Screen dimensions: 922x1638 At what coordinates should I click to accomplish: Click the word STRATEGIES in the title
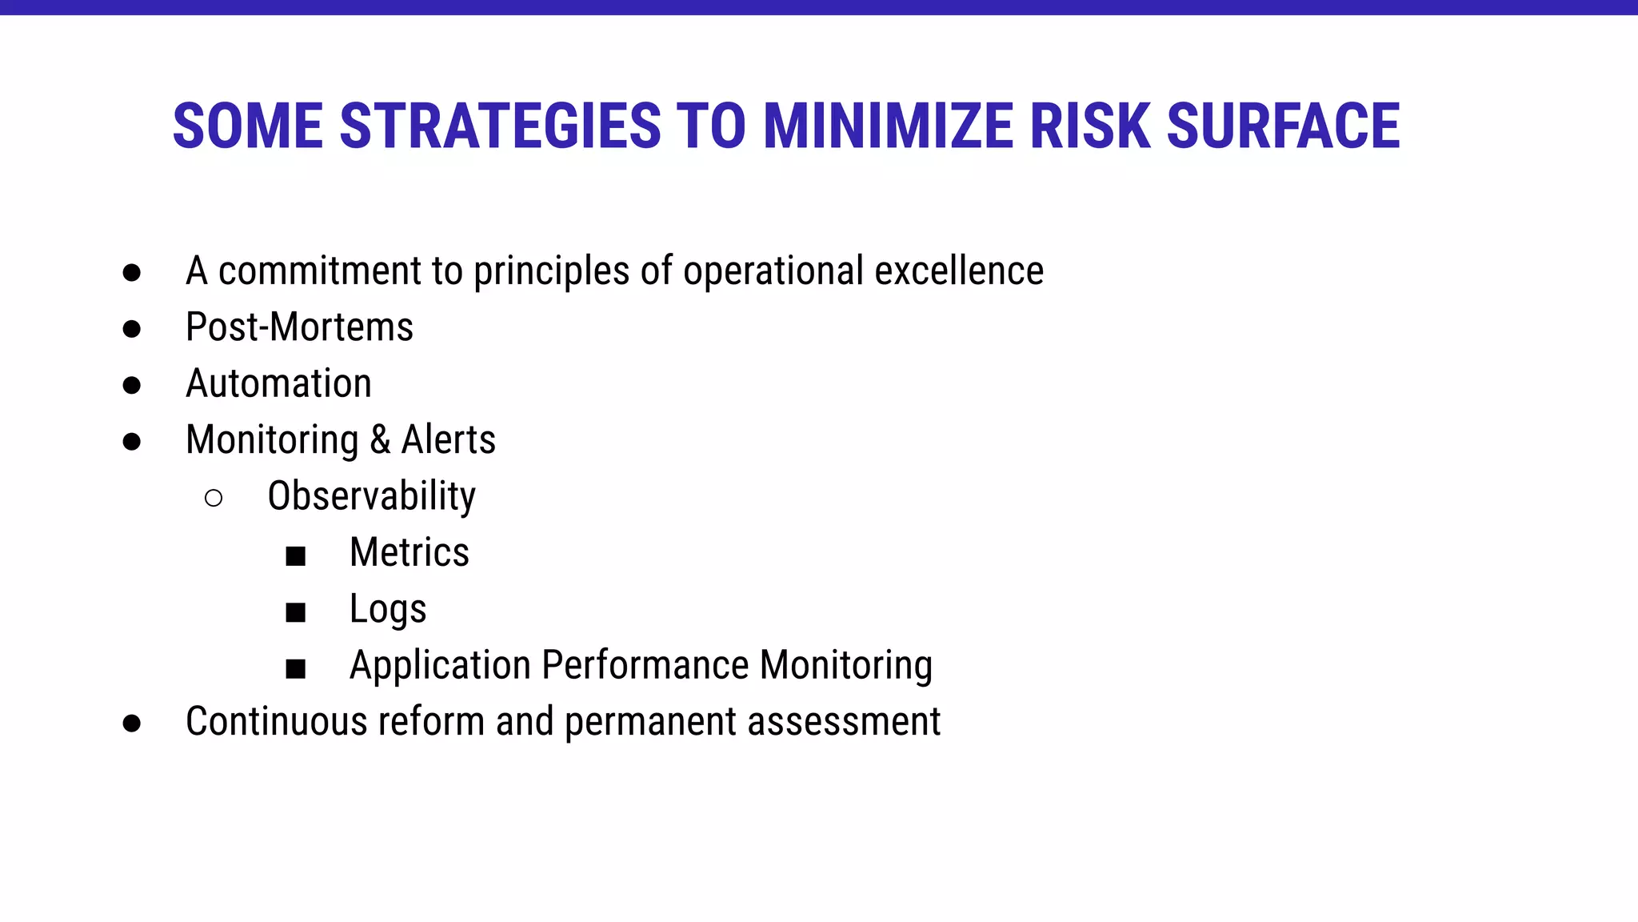tap(500, 126)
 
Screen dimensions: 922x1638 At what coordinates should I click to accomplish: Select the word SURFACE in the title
tap(1283, 126)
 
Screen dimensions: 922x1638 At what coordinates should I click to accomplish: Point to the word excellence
tap(959, 271)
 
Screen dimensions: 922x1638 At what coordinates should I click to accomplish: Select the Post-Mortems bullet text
tap(299, 327)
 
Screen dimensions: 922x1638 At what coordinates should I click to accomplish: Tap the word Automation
tap(278, 383)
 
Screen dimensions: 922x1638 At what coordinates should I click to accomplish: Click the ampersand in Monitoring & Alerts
tap(380, 440)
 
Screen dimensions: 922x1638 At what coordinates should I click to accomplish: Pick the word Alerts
tap(448, 440)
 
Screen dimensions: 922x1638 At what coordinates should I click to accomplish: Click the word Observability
tap(371, 496)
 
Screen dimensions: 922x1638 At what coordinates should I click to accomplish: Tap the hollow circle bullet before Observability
tap(214, 499)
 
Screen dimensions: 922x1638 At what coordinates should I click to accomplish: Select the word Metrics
tap(409, 552)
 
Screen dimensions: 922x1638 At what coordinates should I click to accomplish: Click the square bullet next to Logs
tap(296, 612)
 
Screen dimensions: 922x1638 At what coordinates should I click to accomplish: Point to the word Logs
tap(388, 610)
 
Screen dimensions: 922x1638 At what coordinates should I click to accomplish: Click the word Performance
tap(645, 666)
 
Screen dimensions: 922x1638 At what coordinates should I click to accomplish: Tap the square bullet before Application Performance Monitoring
tap(296, 668)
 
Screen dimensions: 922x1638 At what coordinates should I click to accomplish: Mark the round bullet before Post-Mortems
tap(132, 329)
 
